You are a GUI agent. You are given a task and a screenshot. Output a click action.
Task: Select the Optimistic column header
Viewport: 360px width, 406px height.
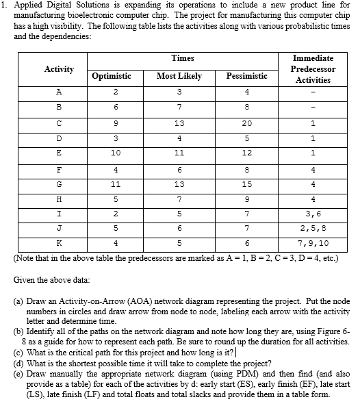tap(111, 76)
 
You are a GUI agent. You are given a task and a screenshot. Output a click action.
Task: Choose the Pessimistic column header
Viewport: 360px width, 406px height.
tap(246, 76)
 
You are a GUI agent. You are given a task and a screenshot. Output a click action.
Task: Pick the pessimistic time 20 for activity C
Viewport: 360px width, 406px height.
tap(247, 124)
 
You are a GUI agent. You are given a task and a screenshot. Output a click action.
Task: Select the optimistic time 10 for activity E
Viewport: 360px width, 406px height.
tap(116, 153)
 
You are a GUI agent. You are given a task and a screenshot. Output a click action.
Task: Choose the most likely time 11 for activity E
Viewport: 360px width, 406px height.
tap(179, 153)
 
